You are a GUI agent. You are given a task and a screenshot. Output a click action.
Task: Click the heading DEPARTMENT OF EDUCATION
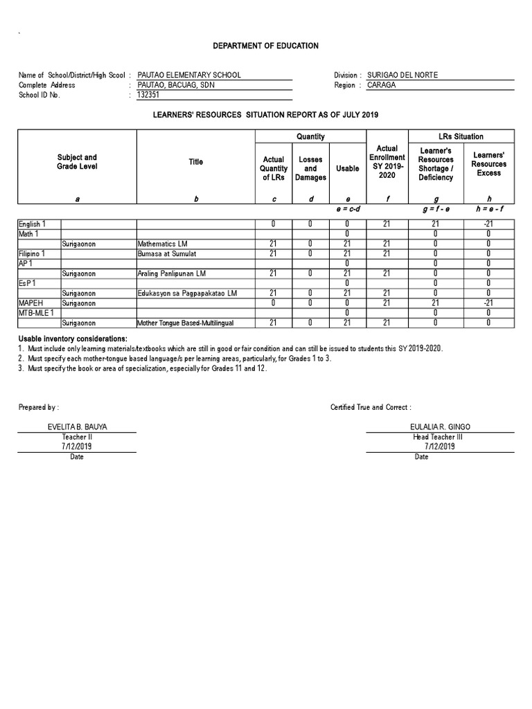tap(266, 46)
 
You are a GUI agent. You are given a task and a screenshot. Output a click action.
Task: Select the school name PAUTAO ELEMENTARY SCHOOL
tap(189, 75)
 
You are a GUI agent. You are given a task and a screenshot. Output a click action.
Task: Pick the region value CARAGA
tap(382, 85)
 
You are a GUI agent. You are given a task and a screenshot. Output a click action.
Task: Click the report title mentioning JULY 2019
tap(266, 114)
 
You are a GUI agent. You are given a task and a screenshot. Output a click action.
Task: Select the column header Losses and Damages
tap(310, 168)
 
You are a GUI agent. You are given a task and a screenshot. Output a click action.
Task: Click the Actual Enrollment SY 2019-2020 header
tap(387, 162)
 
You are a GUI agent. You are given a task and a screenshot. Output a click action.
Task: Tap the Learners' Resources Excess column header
tap(488, 164)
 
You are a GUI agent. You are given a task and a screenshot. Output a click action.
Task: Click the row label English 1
tap(33, 224)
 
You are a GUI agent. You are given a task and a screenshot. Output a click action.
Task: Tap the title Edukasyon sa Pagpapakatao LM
tap(187, 294)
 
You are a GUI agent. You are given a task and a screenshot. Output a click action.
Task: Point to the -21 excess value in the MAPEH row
tap(488, 303)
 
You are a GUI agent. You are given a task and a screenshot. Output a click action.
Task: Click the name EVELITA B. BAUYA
tap(78, 427)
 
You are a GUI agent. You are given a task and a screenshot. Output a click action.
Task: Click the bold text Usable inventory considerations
tap(73, 337)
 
